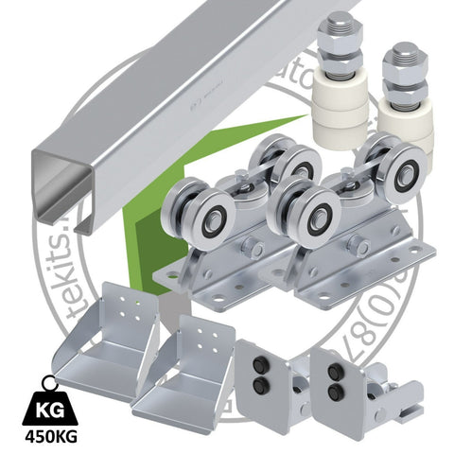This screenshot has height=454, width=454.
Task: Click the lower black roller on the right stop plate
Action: click(334, 390)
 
